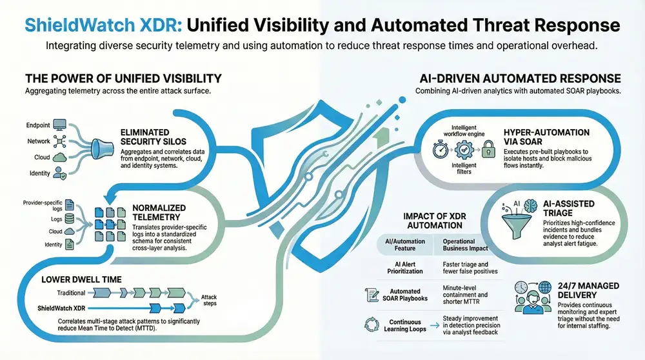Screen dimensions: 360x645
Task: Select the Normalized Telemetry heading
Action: point(159,213)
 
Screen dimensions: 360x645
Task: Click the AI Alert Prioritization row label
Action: point(400,268)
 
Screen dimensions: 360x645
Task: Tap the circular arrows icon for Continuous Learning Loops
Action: point(373,325)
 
